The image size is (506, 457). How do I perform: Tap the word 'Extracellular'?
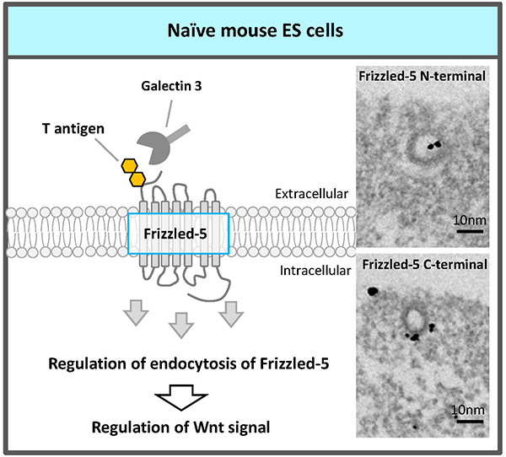[310, 194]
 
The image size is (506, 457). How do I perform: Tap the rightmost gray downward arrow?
[231, 314]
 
